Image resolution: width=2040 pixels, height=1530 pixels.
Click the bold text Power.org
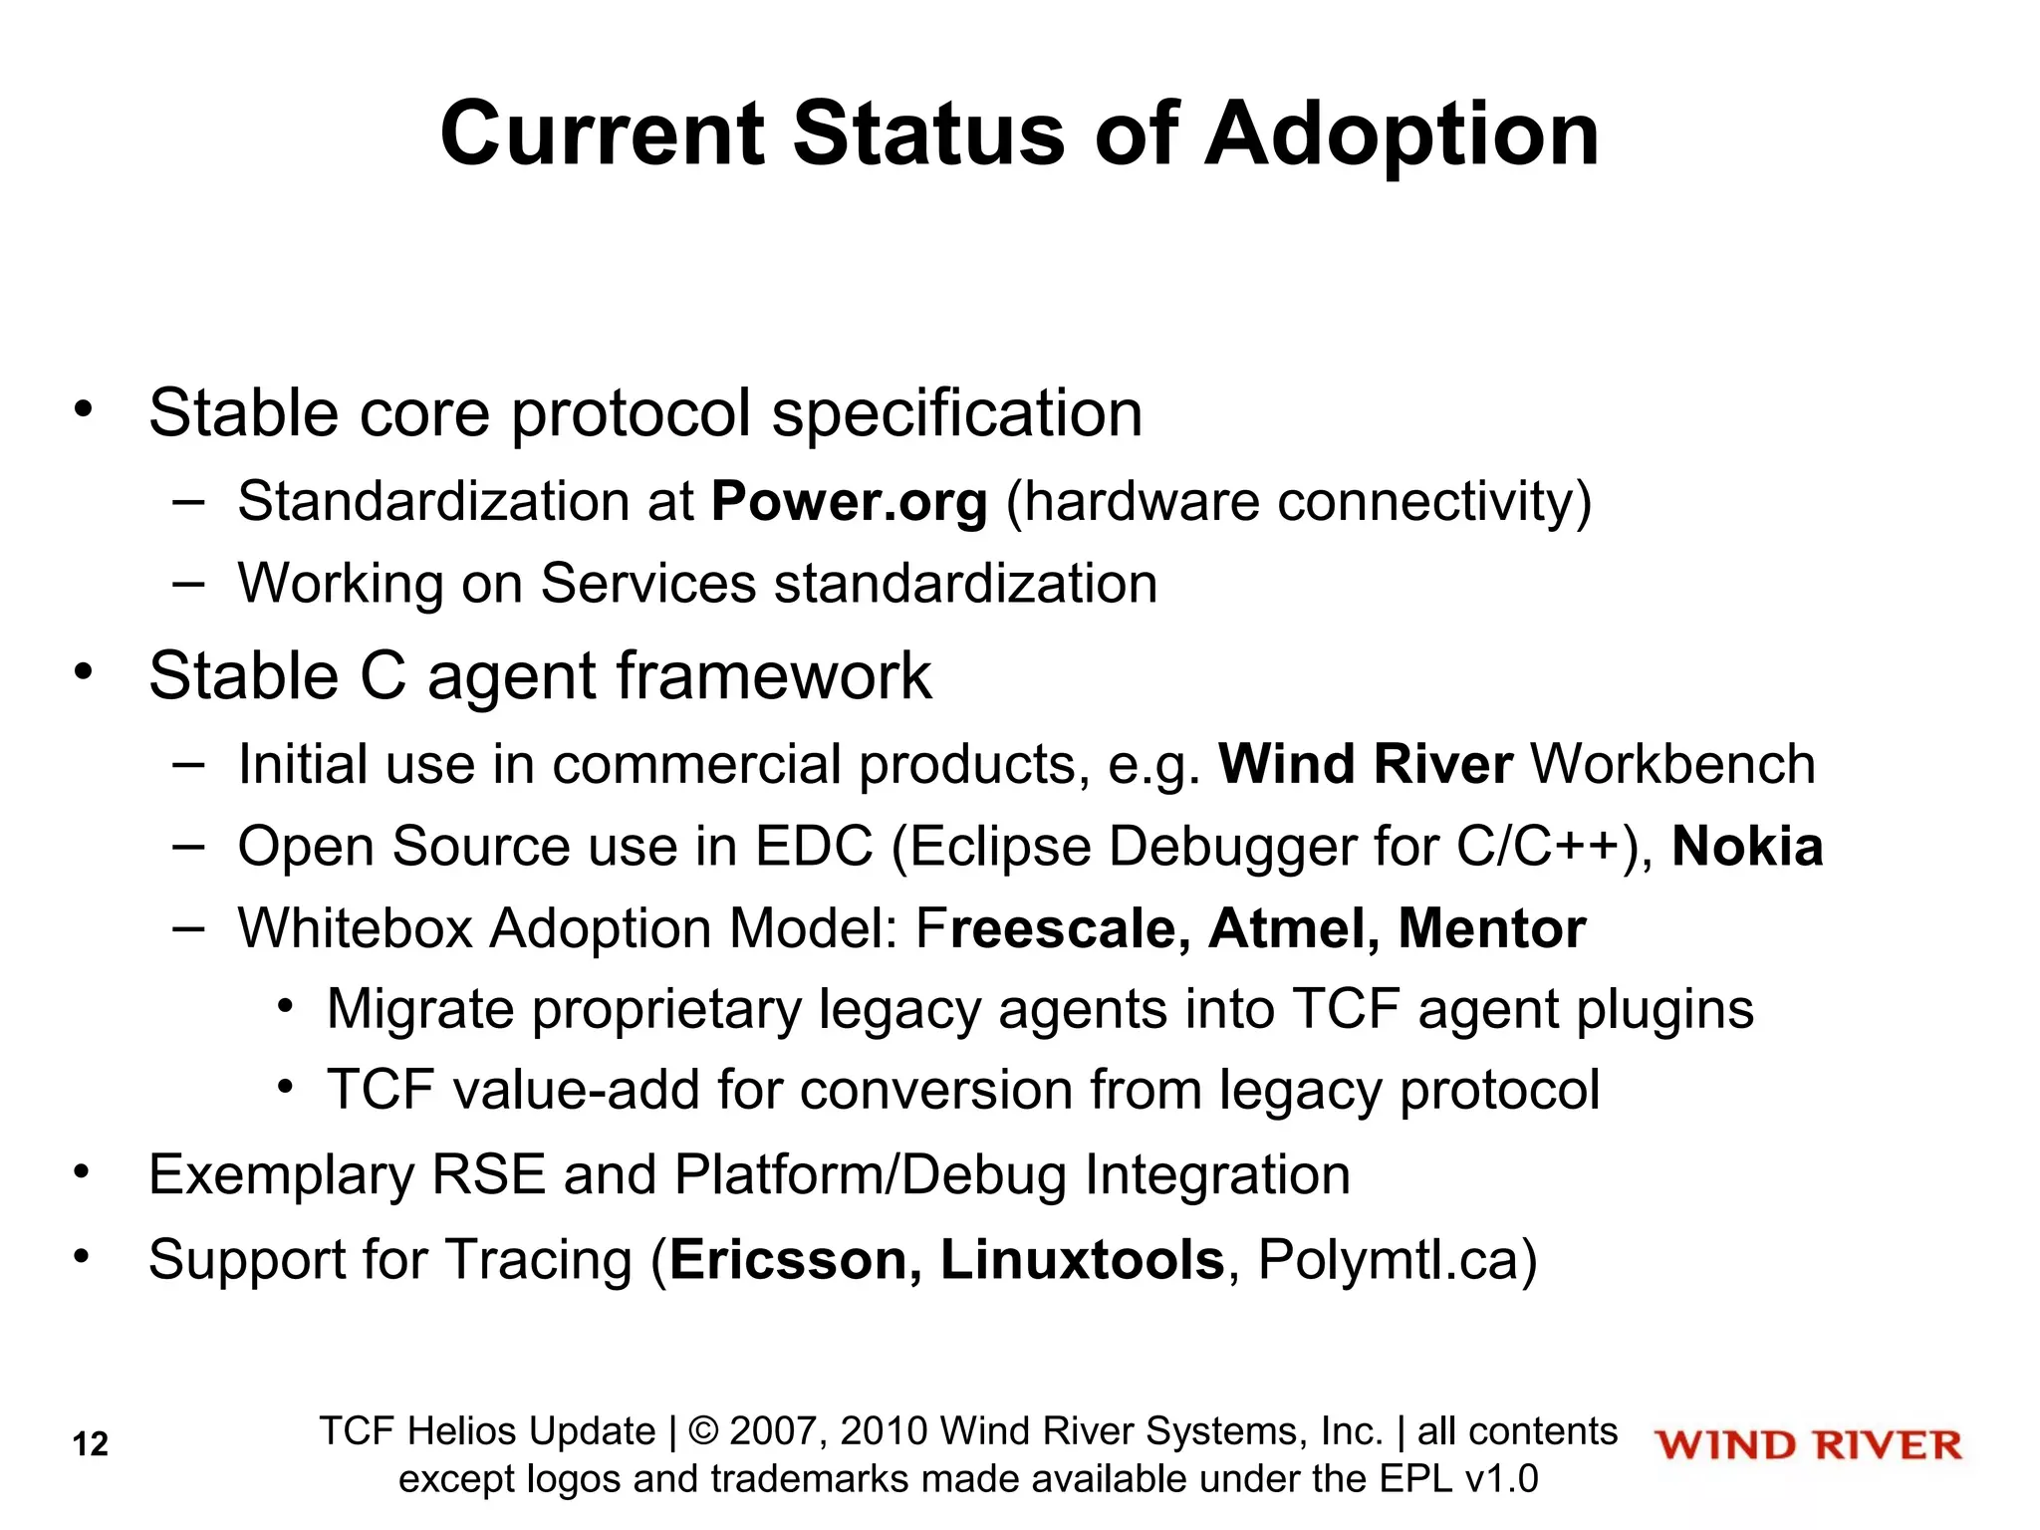[849, 501]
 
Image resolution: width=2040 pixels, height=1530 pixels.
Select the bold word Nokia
[1747, 847]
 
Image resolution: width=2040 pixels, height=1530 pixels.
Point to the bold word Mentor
[1491, 928]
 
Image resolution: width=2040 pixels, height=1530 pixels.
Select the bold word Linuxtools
[1082, 1259]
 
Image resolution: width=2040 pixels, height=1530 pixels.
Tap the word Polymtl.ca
[1387, 1259]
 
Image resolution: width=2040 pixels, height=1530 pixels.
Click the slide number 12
[90, 1444]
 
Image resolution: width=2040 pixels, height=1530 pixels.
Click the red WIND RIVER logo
[1808, 1445]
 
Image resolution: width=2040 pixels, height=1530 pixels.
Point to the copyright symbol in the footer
[703, 1431]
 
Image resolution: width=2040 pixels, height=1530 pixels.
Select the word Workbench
[1672, 765]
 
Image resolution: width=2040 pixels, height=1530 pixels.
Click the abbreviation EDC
[814, 847]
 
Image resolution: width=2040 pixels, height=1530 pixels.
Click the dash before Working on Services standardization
[187, 582]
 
